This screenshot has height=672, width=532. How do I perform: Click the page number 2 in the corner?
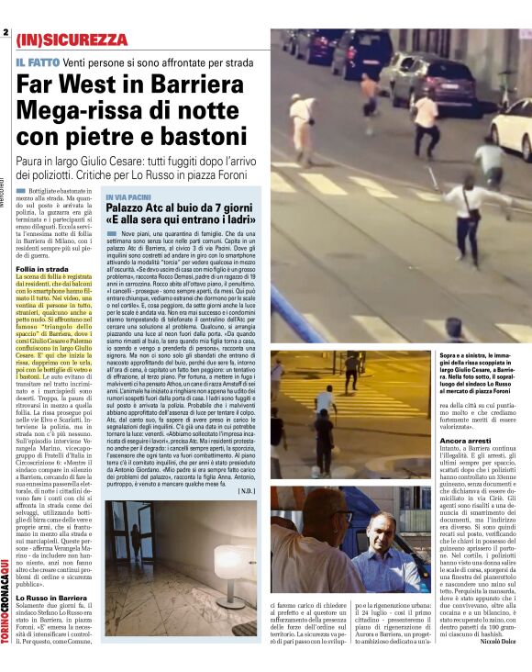coord(6,33)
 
